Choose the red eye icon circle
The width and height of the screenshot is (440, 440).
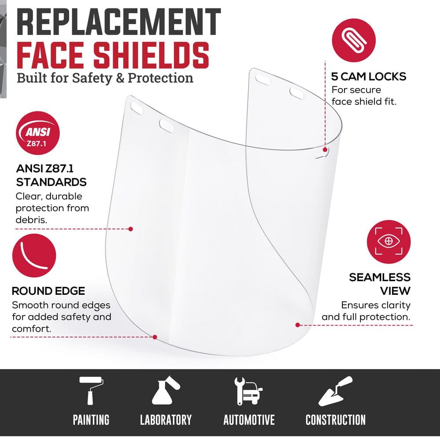tap(389, 242)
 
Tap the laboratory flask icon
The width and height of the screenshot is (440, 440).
tap(165, 391)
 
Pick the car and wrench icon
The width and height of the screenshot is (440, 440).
tap(248, 391)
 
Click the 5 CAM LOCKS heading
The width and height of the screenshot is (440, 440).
tap(368, 77)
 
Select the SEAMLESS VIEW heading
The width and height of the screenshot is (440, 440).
tap(379, 284)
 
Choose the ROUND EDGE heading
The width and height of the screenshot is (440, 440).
tap(48, 291)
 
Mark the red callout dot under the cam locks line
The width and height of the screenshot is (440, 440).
tap(326, 150)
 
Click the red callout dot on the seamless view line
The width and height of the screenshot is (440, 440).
tap(298, 325)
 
